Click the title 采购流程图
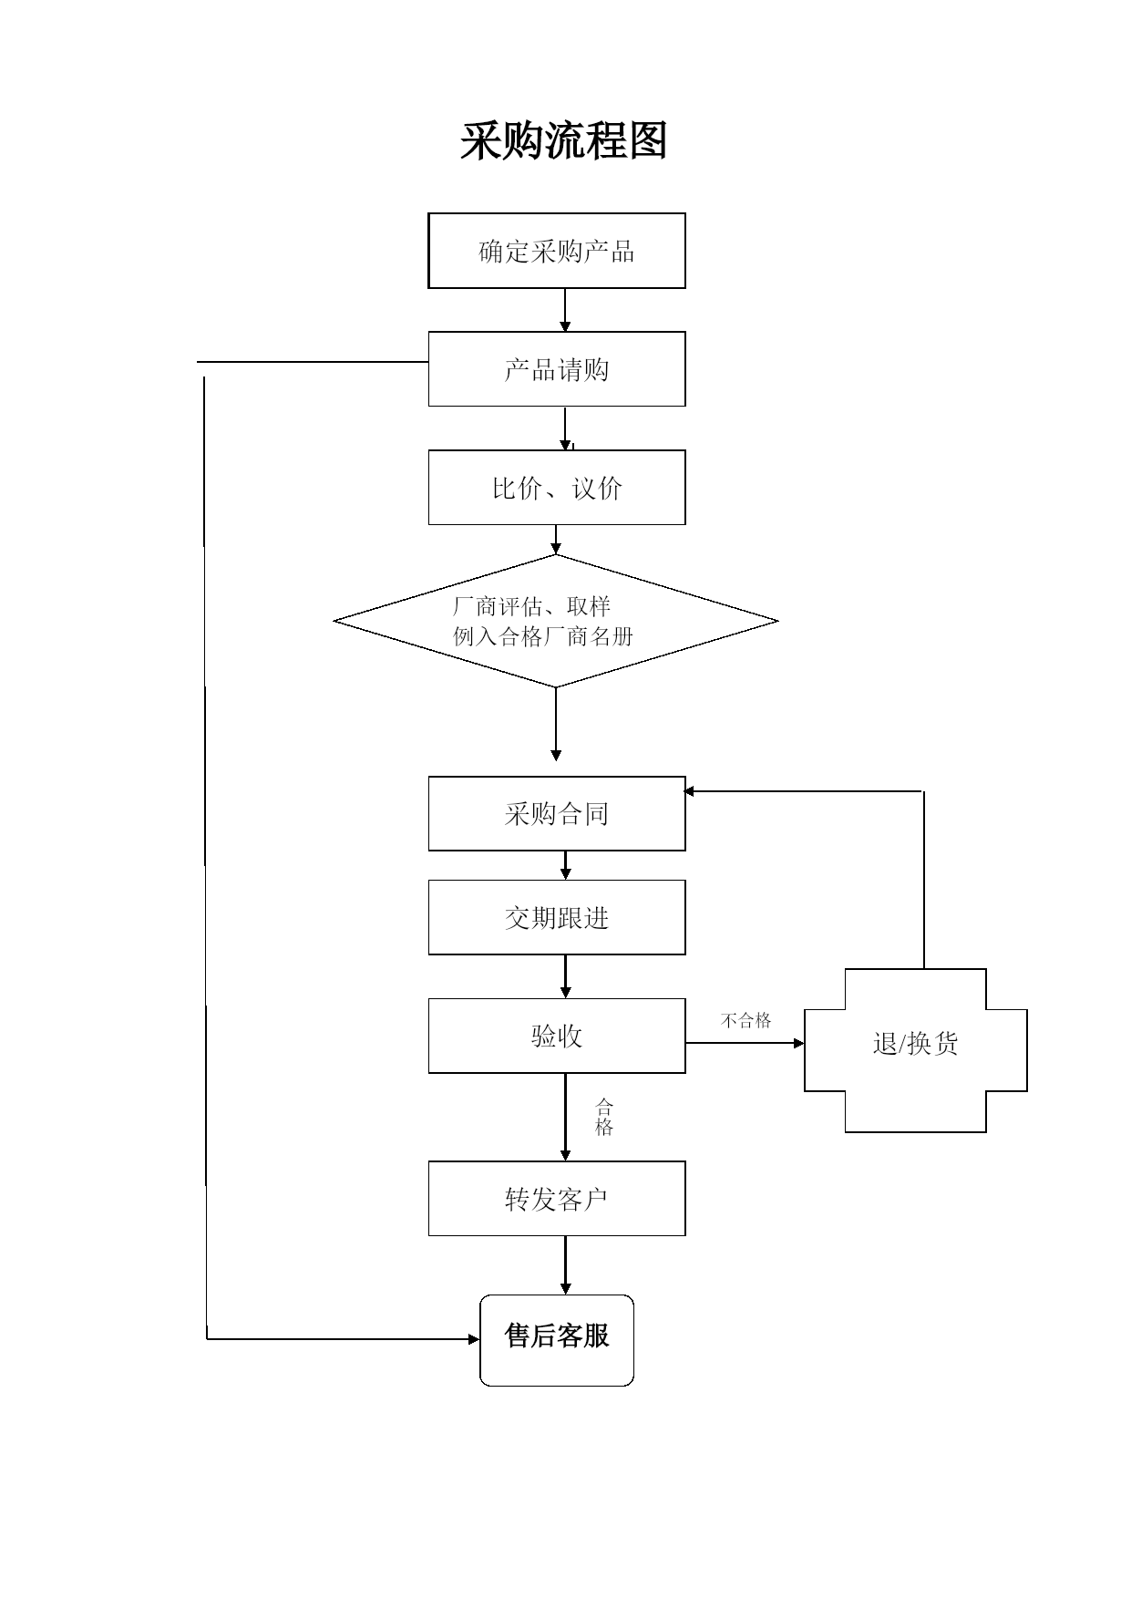(x=564, y=141)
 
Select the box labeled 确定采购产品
(x=557, y=251)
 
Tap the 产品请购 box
(x=557, y=369)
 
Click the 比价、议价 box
(x=557, y=488)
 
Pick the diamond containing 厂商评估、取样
(x=556, y=621)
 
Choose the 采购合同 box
(x=557, y=814)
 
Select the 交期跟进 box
(x=557, y=917)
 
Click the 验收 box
(x=557, y=1036)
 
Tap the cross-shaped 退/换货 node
(x=916, y=1050)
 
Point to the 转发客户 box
(x=557, y=1199)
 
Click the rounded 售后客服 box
(x=557, y=1340)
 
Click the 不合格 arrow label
(x=746, y=1020)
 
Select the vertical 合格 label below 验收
(x=604, y=1118)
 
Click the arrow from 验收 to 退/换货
(x=745, y=1043)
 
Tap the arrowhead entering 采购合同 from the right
(x=689, y=791)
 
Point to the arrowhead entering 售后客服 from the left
(x=474, y=1339)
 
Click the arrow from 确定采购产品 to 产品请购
(x=565, y=311)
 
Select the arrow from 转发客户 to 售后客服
(x=565, y=1265)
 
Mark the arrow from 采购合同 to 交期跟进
(x=565, y=865)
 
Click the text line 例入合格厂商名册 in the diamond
(x=543, y=636)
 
